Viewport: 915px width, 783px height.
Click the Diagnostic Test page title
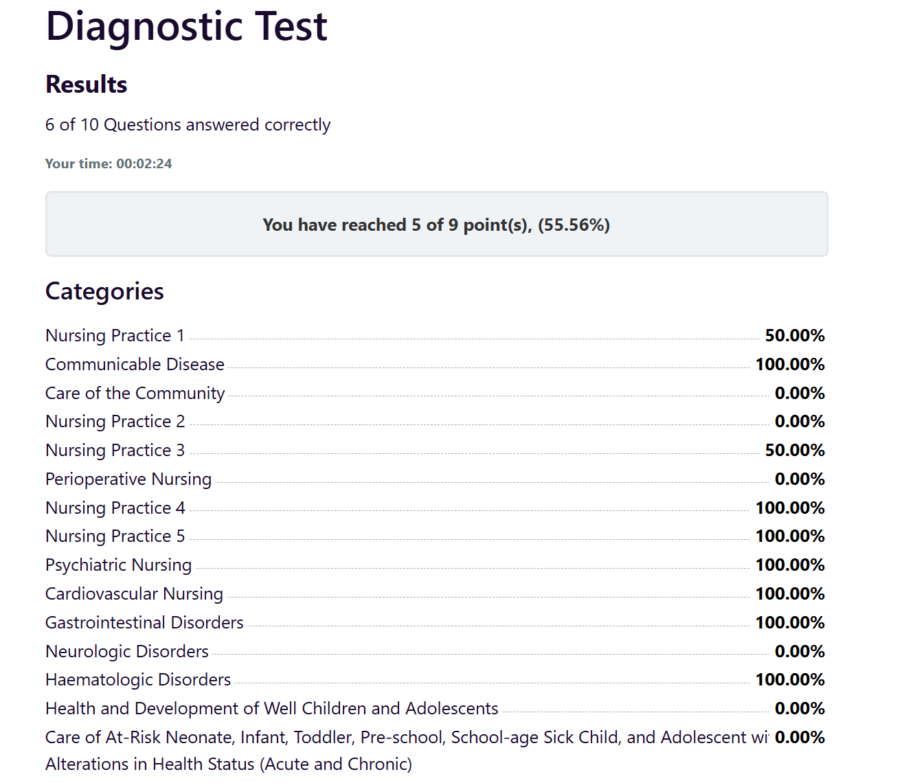186,27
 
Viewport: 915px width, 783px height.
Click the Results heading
87,84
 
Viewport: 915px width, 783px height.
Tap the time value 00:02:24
144,163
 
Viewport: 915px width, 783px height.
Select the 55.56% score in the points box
574,225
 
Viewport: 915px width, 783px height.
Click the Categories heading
104,291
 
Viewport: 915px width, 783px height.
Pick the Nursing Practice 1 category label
115,335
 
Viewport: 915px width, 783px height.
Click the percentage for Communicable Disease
790,364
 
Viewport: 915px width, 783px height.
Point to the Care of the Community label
135,393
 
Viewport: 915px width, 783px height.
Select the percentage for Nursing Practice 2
800,421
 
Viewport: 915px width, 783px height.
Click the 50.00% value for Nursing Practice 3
795,450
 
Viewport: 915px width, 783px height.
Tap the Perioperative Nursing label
128,479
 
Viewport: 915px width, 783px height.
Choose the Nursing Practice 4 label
115,508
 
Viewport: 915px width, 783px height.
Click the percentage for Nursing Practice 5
790,536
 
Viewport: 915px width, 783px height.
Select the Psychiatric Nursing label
119,565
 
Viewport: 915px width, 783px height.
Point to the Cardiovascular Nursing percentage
790,593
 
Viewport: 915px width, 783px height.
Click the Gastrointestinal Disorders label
144,622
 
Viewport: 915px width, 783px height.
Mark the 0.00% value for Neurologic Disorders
800,651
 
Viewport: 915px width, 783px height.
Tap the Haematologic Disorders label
138,680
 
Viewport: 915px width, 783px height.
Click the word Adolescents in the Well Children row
451,708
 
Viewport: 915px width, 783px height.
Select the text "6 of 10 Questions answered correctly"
188,125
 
